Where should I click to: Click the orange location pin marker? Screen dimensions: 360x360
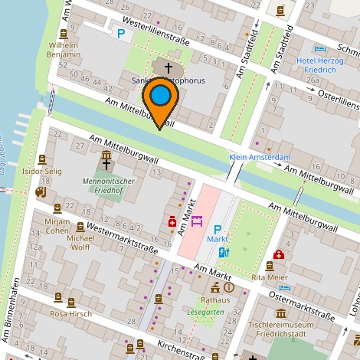coord(160,102)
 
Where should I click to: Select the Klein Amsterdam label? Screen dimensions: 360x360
coord(260,157)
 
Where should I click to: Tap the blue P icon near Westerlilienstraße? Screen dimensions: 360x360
coord(119,33)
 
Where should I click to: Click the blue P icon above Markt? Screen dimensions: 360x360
coord(218,228)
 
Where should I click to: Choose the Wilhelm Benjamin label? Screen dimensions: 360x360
coord(64,51)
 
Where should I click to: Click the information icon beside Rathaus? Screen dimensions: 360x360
coord(229,287)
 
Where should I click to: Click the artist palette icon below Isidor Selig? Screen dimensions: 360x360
coord(41,192)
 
